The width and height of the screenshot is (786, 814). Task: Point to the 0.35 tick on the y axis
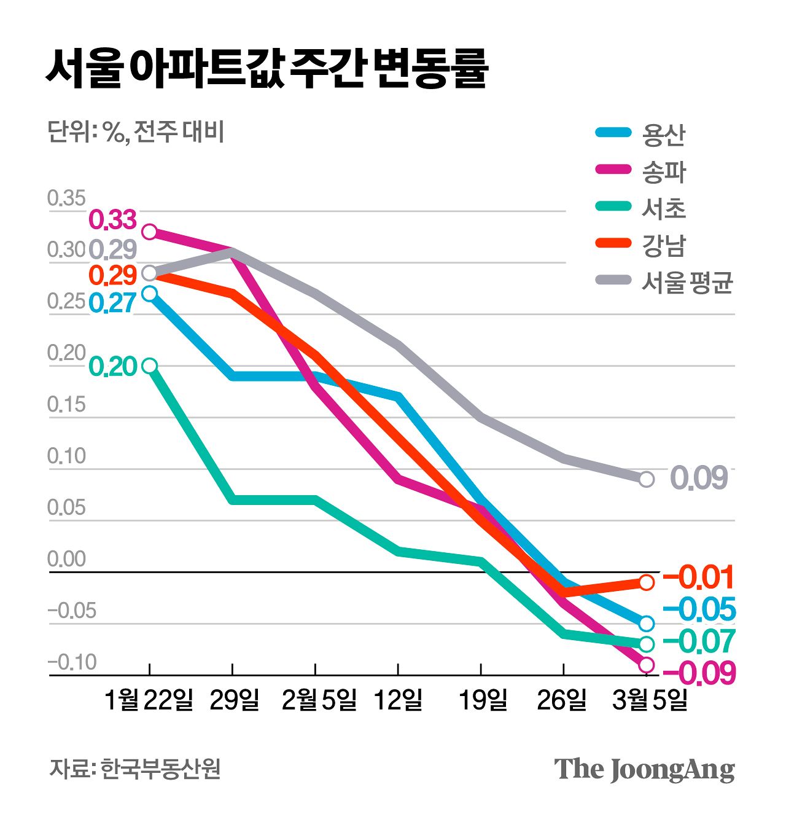pyautogui.click(x=66, y=198)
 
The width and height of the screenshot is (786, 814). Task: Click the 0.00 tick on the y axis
pyautogui.click(x=66, y=559)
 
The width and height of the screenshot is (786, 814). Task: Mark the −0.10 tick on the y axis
pyautogui.click(x=72, y=662)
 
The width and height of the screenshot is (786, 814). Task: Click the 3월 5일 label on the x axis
pyautogui.click(x=649, y=700)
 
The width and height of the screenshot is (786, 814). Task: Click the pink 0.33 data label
pyautogui.click(x=113, y=219)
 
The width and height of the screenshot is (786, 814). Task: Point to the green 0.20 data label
pyautogui.click(x=113, y=367)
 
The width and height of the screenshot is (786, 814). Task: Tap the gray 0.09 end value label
pyautogui.click(x=699, y=478)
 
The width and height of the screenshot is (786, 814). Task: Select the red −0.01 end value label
pyautogui.click(x=699, y=577)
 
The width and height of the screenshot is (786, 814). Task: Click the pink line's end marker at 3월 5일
pyautogui.click(x=646, y=665)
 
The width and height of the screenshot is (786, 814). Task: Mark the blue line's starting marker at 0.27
pyautogui.click(x=149, y=294)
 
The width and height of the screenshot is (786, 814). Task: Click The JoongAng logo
pyautogui.click(x=644, y=769)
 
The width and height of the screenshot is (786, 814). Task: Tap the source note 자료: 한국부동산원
pyautogui.click(x=134, y=769)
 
